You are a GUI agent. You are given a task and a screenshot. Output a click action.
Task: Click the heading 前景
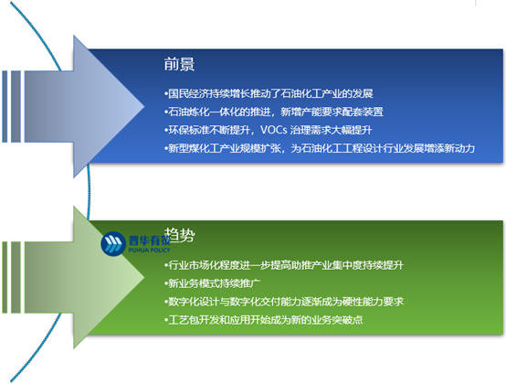(178, 65)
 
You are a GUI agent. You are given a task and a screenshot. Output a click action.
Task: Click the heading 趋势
(178, 235)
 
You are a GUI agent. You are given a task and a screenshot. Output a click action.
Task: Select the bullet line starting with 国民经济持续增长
(266, 93)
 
